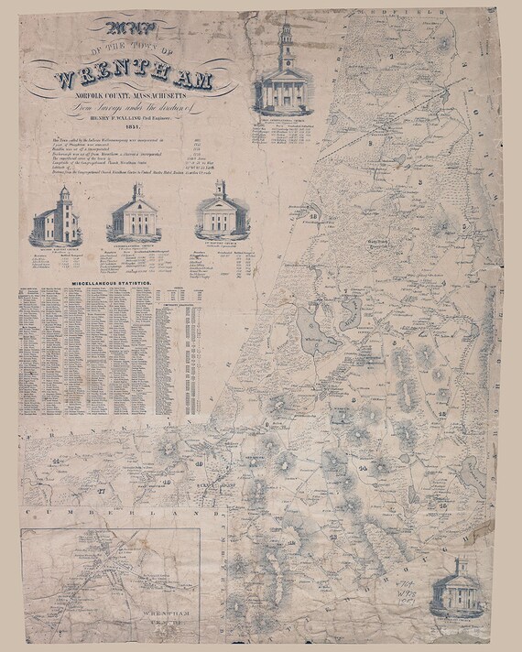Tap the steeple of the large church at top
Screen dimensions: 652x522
point(285,37)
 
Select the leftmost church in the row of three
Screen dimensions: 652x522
point(56,218)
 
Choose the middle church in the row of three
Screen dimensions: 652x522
point(136,215)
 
